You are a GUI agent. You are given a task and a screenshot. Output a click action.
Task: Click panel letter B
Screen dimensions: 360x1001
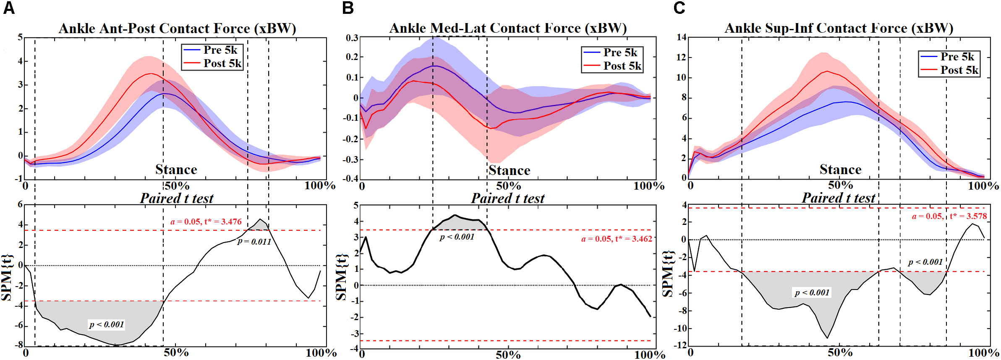click(x=348, y=8)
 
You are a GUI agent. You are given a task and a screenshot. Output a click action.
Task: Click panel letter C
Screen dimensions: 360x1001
click(x=679, y=8)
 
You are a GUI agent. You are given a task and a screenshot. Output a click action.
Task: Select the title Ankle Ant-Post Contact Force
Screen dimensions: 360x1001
click(x=177, y=29)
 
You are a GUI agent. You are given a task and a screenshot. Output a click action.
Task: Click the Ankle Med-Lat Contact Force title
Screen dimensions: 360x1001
click(x=508, y=28)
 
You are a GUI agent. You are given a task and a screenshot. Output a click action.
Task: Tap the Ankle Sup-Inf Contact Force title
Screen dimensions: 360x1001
click(x=839, y=28)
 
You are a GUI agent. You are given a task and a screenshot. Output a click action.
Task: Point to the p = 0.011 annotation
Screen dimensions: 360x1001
click(x=254, y=242)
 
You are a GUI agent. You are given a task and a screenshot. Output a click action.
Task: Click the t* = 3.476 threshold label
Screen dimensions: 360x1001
click(x=206, y=222)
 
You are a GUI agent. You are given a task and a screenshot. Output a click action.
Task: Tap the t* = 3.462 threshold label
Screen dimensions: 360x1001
click(x=617, y=239)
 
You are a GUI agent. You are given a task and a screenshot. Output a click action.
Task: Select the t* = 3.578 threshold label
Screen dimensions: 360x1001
click(x=949, y=217)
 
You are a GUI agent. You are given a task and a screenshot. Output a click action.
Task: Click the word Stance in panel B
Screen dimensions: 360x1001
click(x=509, y=170)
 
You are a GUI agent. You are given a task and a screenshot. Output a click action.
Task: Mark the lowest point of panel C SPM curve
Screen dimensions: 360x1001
click(x=827, y=338)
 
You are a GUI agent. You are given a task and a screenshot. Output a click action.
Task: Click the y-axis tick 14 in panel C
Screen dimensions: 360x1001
click(x=681, y=37)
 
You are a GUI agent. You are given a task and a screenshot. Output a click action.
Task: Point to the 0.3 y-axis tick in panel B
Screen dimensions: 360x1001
click(x=352, y=38)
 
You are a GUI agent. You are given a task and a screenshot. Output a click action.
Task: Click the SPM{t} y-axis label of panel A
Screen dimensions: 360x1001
click(x=7, y=277)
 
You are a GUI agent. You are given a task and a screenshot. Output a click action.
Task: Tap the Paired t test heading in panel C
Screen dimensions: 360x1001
click(x=838, y=198)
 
